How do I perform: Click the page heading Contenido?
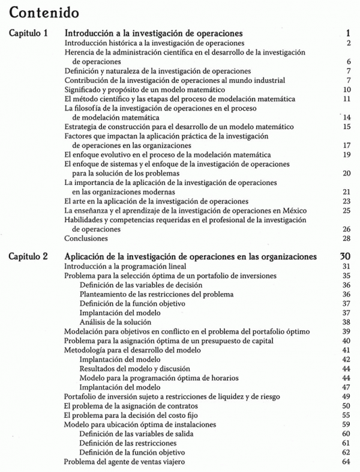43,11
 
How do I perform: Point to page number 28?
346,238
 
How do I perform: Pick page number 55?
346,415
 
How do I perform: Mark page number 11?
346,98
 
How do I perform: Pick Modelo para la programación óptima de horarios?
158,378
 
